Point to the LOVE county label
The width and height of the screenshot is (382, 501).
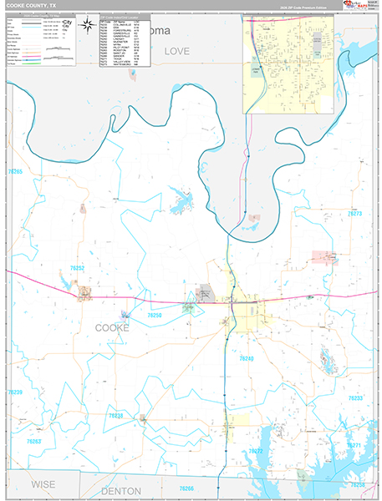click(177, 52)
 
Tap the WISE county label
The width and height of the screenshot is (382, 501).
click(43, 484)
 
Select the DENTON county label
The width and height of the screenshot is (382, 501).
click(121, 491)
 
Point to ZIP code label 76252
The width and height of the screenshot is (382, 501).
click(77, 269)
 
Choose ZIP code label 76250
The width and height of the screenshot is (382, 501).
click(153, 316)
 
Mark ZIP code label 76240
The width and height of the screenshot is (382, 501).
click(246, 359)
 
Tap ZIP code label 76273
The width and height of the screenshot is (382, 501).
click(354, 215)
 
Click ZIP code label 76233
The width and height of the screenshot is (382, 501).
click(355, 398)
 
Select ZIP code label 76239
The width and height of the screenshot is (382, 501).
click(15, 392)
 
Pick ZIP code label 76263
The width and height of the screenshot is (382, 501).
click(33, 441)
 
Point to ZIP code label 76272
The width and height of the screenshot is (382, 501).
click(256, 451)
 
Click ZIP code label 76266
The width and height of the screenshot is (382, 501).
click(186, 488)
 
